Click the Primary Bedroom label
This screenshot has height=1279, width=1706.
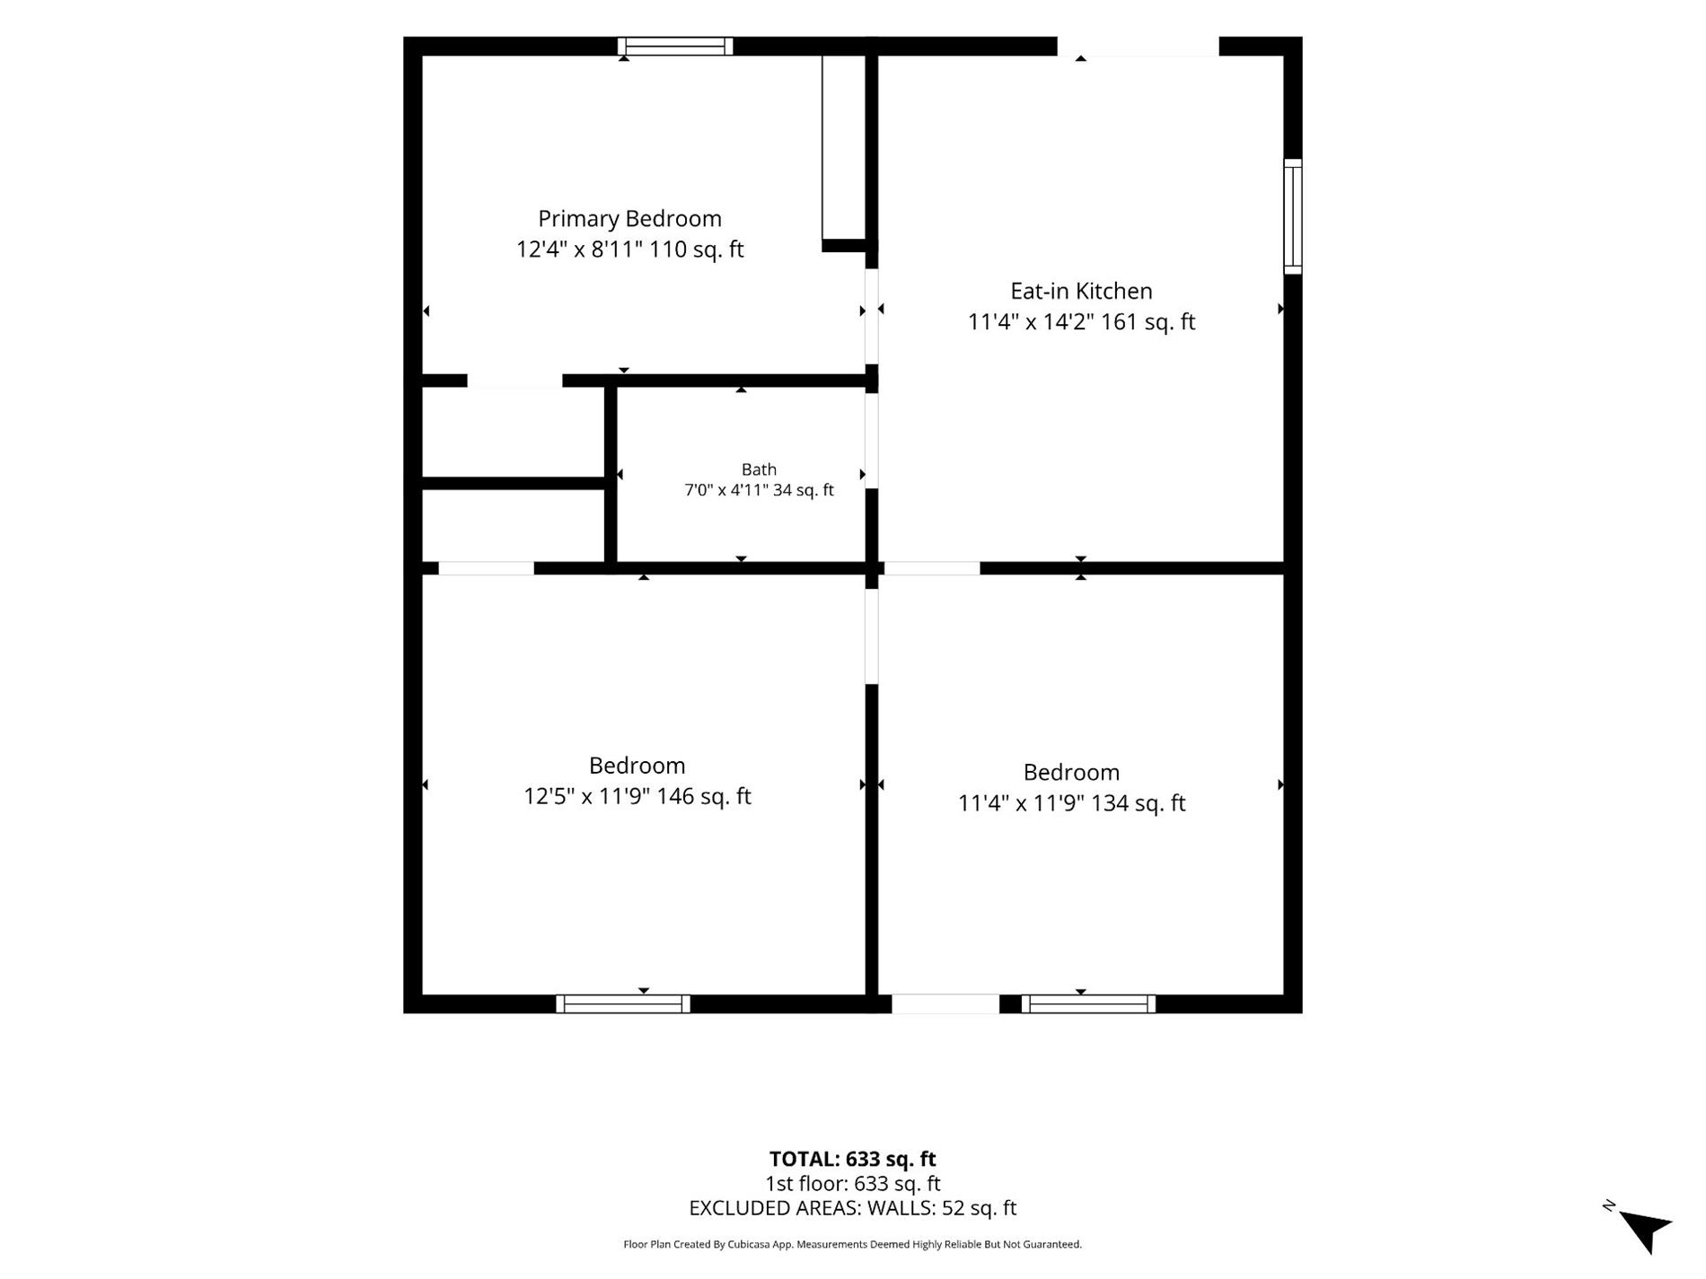[x=629, y=219]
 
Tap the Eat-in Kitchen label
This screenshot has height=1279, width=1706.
[x=1081, y=291]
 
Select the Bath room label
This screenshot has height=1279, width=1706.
[x=759, y=469]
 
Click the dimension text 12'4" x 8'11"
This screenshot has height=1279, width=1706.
[x=579, y=250]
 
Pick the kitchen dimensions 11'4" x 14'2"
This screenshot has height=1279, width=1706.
[x=1031, y=321]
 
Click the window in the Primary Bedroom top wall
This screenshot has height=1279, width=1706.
[x=675, y=46]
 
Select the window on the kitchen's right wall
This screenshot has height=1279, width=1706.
[x=1293, y=216]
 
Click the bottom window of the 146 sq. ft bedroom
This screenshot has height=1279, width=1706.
[x=623, y=1004]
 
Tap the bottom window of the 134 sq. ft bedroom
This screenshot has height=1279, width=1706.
[x=1088, y=1004]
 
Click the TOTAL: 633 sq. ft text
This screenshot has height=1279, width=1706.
[x=852, y=1159]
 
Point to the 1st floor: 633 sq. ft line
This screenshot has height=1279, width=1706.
[x=852, y=1184]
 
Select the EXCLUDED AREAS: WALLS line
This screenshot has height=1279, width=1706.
[x=852, y=1208]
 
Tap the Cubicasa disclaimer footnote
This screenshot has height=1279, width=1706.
[x=852, y=1245]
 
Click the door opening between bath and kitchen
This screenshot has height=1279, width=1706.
[x=871, y=441]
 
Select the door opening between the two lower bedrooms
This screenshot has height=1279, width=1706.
[x=871, y=636]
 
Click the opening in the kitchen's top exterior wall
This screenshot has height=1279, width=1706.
[x=1138, y=46]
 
